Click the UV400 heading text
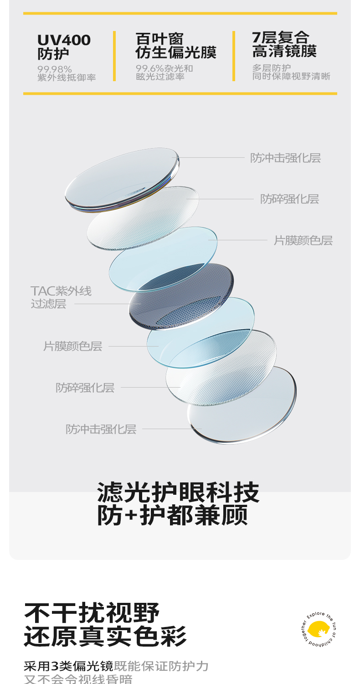coord(64,40)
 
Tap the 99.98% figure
coord(55,69)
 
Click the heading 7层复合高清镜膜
coord(284,44)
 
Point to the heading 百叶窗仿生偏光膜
coord(175,46)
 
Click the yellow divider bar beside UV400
coord(114,56)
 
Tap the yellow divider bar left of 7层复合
coord(234,56)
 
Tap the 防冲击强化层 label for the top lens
coord(285,158)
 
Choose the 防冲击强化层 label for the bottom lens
coord(101,429)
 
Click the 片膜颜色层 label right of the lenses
coord(303,240)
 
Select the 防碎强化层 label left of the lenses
coord(85,388)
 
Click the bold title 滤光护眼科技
coord(178,492)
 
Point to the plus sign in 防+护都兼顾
coord(130,515)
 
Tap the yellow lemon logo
coord(318,629)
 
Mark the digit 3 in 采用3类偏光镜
coord(56,666)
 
